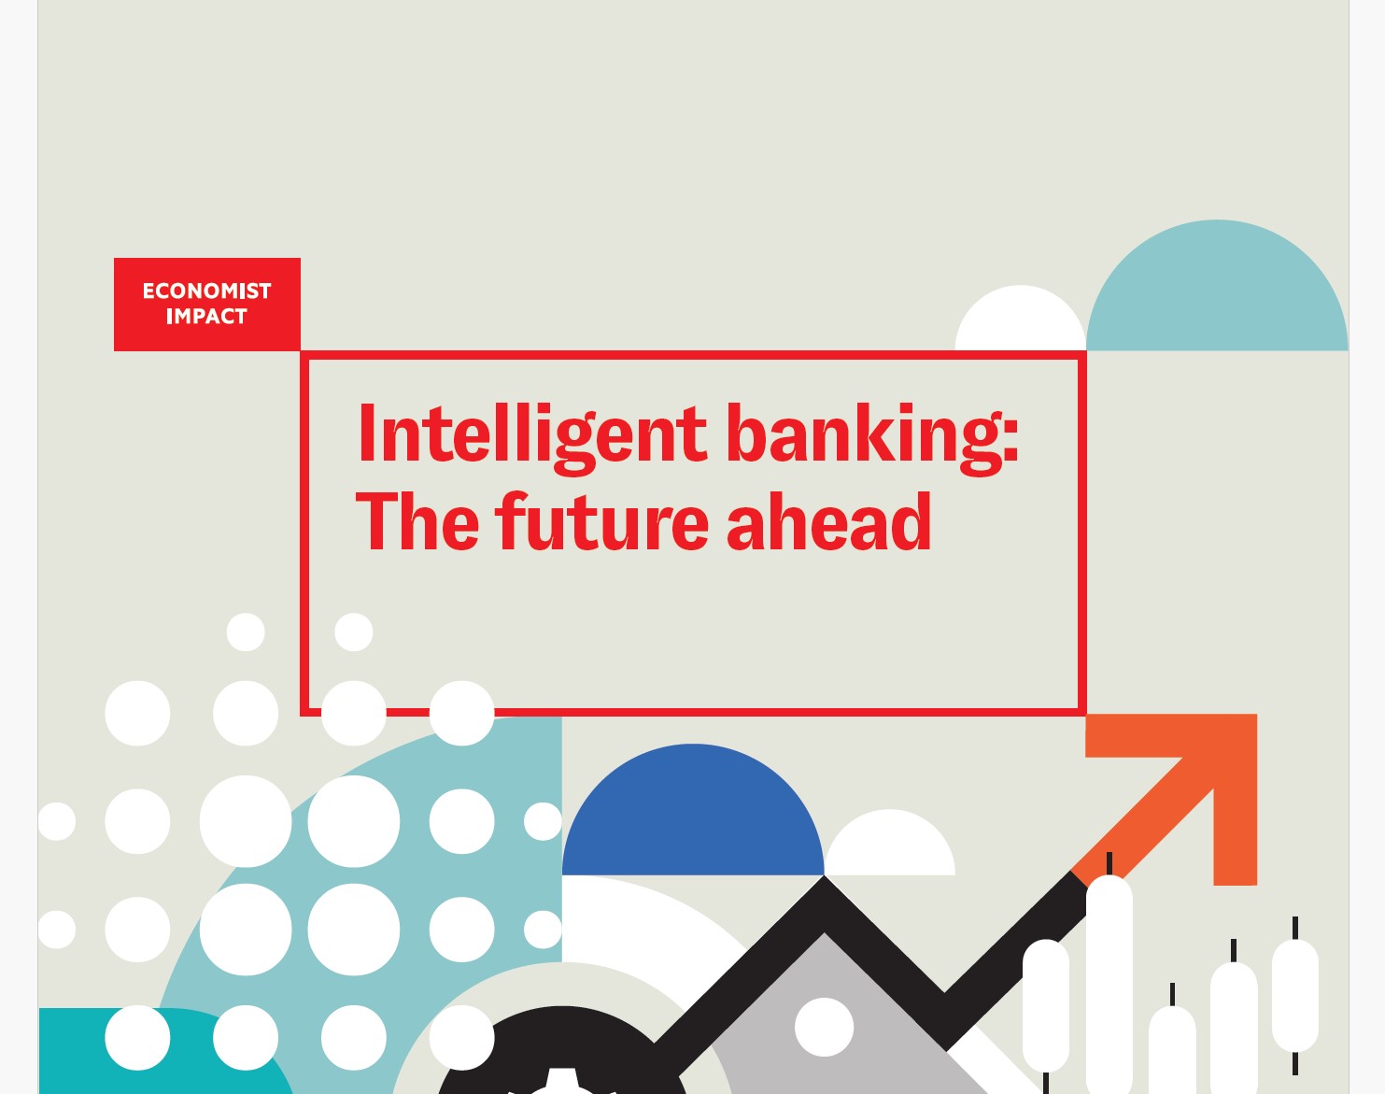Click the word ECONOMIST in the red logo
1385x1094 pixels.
tap(206, 291)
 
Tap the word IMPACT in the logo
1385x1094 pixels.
tap(206, 316)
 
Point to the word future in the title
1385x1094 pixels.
tap(601, 521)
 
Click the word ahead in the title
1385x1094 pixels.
tap(829, 521)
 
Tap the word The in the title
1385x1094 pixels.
tap(417, 521)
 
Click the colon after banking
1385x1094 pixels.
tap(1010, 439)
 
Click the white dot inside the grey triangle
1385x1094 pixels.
tap(825, 1027)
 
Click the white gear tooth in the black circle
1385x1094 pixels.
tap(561, 1082)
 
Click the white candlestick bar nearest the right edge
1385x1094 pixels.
tap(1295, 996)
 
